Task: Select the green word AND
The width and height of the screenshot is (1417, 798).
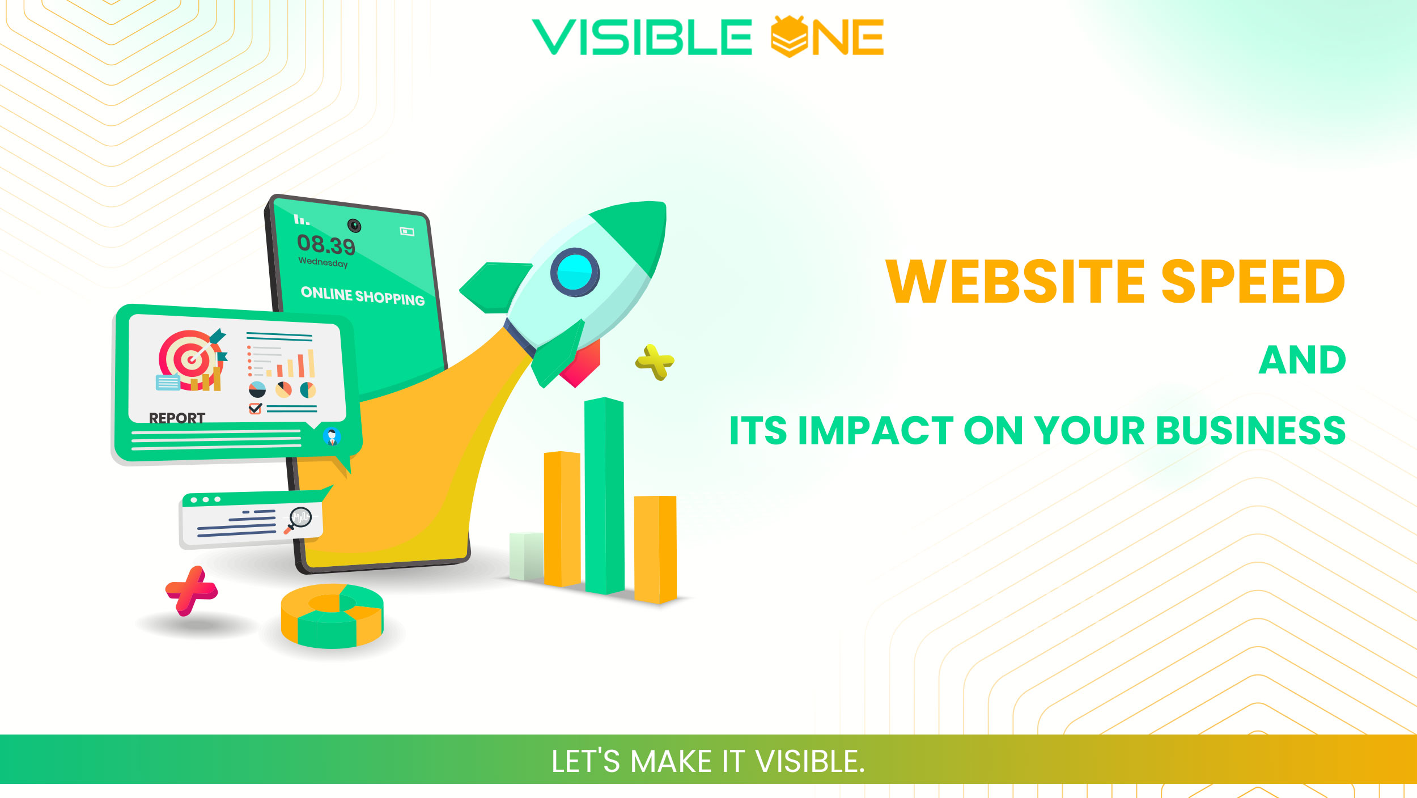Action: coord(1302,360)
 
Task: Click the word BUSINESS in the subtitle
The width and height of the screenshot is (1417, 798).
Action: coord(1250,431)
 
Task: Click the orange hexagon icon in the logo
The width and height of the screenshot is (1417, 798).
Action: coord(789,37)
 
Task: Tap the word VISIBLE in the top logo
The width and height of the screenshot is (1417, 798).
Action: coord(642,37)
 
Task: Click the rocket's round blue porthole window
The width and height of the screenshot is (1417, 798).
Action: coord(575,272)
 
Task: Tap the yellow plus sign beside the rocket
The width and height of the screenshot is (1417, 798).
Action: coord(655,362)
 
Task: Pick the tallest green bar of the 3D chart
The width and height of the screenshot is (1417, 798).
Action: coord(604,496)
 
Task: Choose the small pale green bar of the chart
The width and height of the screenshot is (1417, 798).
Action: coord(526,556)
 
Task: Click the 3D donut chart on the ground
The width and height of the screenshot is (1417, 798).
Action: coord(332,616)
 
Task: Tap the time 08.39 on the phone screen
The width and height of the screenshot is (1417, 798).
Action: coord(326,245)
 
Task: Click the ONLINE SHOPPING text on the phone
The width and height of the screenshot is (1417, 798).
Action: coord(363,296)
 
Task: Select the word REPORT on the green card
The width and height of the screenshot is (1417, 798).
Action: coord(177,418)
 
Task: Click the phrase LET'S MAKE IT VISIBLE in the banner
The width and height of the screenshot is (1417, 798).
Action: coord(708,761)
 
